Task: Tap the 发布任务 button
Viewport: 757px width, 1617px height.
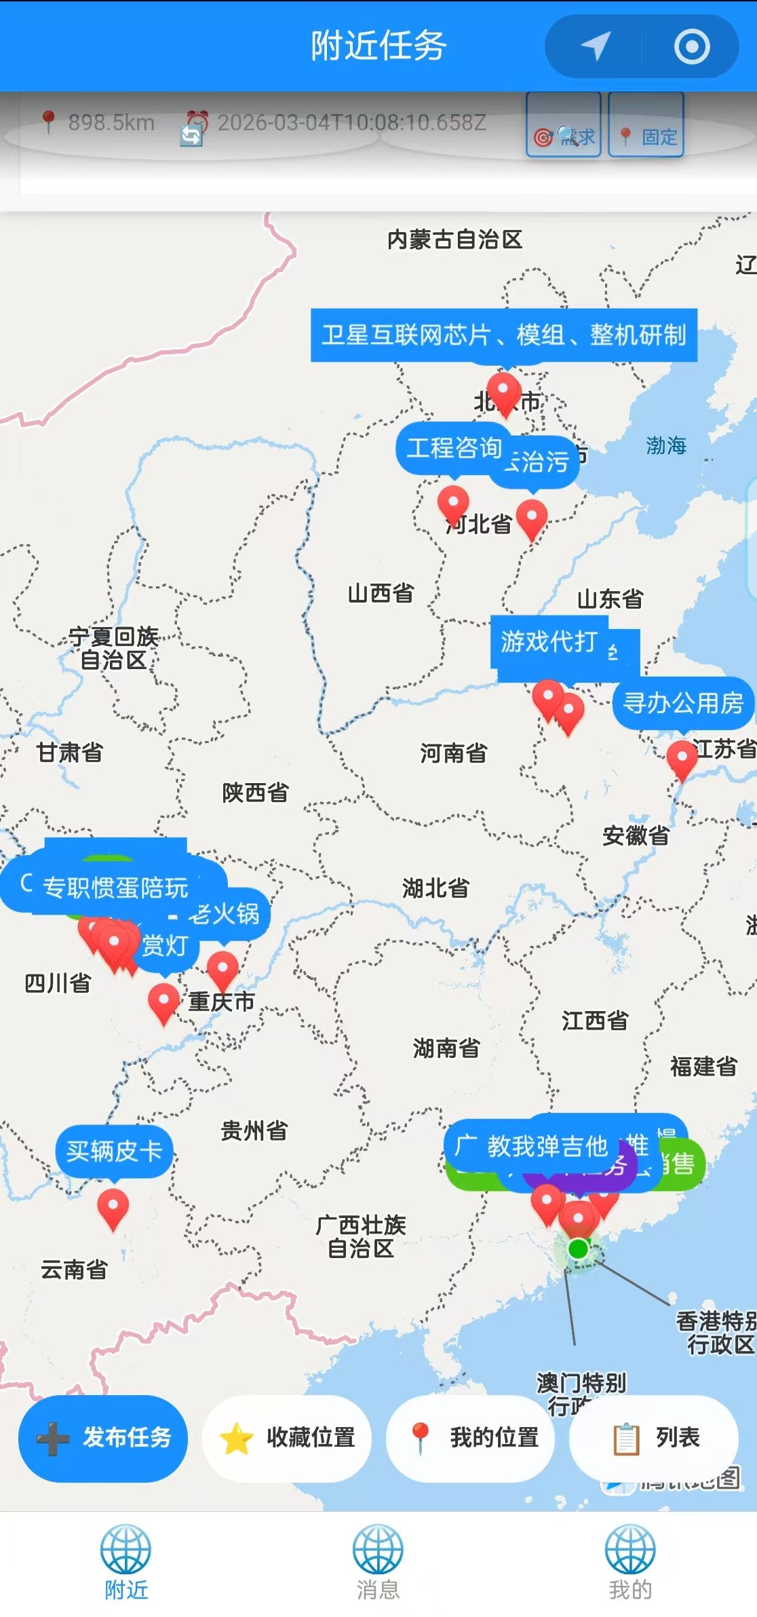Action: (103, 1438)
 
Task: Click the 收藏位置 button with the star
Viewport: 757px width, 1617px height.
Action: (287, 1438)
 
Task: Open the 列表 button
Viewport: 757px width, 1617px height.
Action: (654, 1438)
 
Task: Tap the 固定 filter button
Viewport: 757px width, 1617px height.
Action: (646, 126)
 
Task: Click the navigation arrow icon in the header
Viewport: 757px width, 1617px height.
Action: (596, 46)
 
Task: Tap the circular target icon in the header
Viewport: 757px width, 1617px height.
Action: (692, 46)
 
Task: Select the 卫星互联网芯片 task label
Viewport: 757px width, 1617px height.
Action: (504, 335)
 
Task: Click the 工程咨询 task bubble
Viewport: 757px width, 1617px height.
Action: (453, 448)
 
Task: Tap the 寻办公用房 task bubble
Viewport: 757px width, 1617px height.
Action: (683, 704)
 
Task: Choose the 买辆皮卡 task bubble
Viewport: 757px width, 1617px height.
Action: (114, 1151)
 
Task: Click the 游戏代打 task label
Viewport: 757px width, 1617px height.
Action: (548, 641)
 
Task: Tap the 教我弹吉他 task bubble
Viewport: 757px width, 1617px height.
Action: (546, 1147)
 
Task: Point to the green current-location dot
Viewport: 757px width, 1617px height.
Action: (578, 1249)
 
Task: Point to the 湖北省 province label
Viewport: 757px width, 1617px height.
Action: (435, 888)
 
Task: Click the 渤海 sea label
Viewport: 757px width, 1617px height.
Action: (665, 446)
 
